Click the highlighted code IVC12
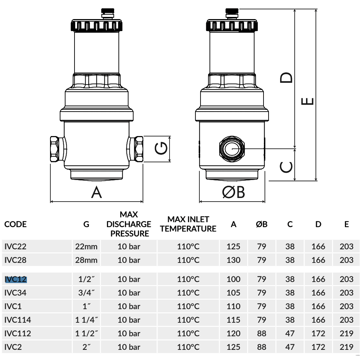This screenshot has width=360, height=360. (x=15, y=279)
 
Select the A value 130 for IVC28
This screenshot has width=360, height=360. (x=233, y=260)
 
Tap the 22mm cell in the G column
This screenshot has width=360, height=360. (x=86, y=247)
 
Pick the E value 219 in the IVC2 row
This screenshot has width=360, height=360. (x=346, y=347)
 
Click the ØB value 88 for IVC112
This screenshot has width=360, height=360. (x=261, y=333)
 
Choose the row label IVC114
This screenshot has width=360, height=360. (x=17, y=320)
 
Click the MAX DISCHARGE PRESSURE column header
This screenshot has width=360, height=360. (x=129, y=224)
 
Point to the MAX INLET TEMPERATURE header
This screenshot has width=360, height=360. (x=188, y=224)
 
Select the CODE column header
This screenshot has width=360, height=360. (x=15, y=224)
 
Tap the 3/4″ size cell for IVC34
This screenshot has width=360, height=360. (x=86, y=293)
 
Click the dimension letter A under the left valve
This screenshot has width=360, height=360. (x=96, y=192)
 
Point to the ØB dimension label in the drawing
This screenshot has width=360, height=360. (x=233, y=192)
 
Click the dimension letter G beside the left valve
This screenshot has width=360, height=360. (x=161, y=148)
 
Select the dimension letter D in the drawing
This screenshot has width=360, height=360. (x=286, y=78)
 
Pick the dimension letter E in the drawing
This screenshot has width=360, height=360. (x=307, y=101)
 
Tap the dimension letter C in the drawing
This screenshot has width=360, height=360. (x=286, y=167)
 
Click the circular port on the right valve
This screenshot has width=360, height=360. (x=232, y=149)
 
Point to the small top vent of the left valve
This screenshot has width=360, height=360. (x=108, y=13)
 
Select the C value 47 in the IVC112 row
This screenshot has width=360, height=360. (x=290, y=333)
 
